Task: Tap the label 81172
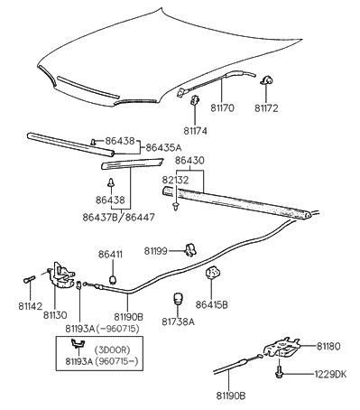(267, 107)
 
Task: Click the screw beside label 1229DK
(284, 371)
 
